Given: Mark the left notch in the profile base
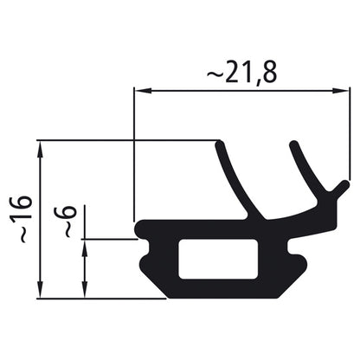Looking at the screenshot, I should [x=145, y=257].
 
